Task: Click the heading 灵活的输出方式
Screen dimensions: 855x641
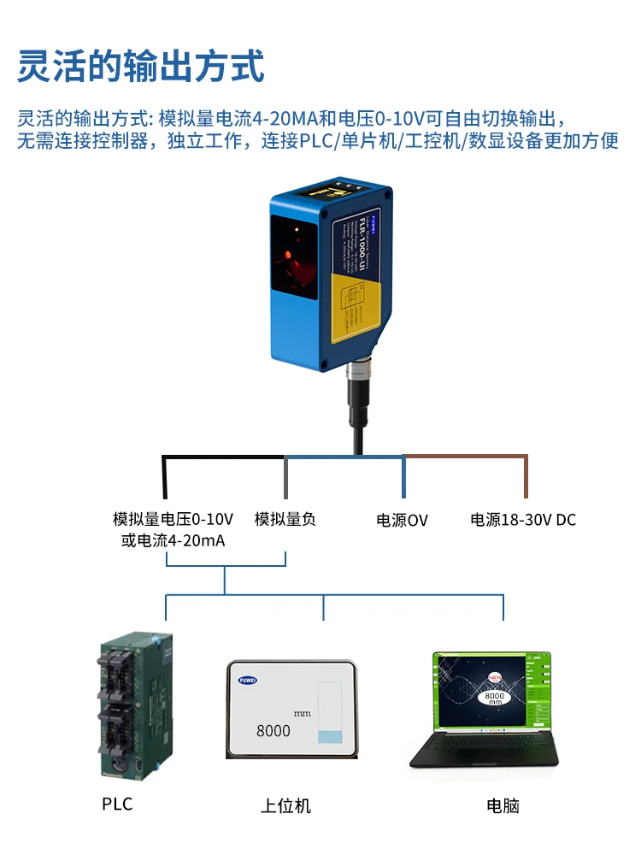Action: [x=141, y=66]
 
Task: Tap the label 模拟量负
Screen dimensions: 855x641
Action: [x=285, y=519]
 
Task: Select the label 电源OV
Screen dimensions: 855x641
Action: [x=402, y=520]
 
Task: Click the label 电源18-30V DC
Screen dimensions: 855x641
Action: [x=523, y=520]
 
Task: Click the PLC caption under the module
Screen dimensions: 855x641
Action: [x=117, y=804]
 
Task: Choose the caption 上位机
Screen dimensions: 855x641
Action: [x=285, y=805]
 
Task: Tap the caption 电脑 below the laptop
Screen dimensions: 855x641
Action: [x=503, y=805]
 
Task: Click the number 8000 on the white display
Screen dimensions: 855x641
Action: [x=273, y=731]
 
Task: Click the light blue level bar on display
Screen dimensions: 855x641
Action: [x=329, y=736]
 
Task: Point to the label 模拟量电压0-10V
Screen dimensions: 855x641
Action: [x=173, y=519]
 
